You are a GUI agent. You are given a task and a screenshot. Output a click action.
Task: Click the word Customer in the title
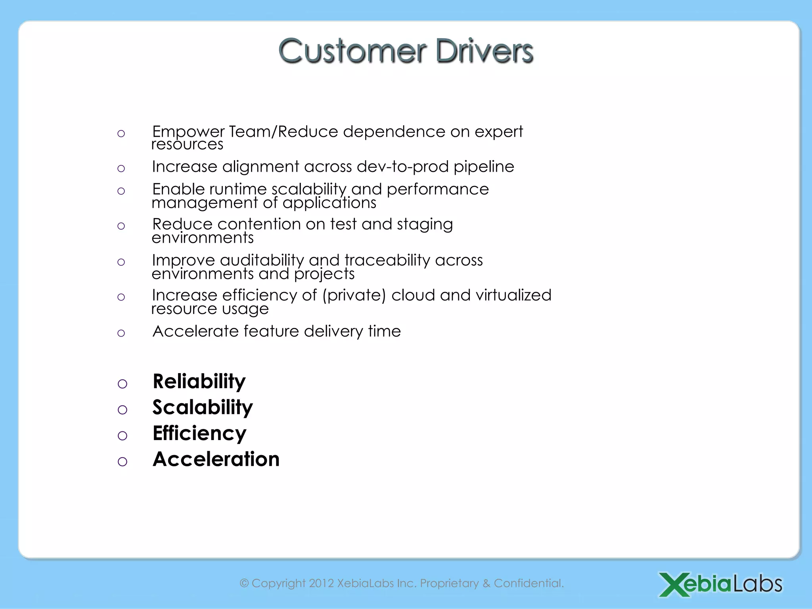pyautogui.click(x=352, y=52)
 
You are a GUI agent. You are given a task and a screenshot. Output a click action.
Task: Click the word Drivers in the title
pyautogui.click(x=484, y=52)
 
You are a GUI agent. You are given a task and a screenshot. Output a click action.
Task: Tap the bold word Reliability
pyautogui.click(x=199, y=382)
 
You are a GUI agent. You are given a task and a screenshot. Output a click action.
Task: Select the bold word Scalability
pyautogui.click(x=203, y=408)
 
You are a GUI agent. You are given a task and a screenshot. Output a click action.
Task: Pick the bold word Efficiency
pyautogui.click(x=199, y=433)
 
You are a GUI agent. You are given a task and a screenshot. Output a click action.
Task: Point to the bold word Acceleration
pyautogui.click(x=216, y=459)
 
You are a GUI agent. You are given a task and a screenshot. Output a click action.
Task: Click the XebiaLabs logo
pyautogui.click(x=720, y=584)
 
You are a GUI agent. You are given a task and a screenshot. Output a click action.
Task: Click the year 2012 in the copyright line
pyautogui.click(x=321, y=583)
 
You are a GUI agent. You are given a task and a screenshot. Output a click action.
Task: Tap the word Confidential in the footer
pyautogui.click(x=529, y=583)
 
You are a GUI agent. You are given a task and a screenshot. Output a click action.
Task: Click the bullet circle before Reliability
pyautogui.click(x=123, y=384)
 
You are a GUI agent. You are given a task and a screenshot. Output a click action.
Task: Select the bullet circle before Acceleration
pyautogui.click(x=123, y=462)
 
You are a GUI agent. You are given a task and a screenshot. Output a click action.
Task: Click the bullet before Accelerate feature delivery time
pyautogui.click(x=121, y=333)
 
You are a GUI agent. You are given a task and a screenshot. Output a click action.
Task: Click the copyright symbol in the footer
pyautogui.click(x=244, y=583)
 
